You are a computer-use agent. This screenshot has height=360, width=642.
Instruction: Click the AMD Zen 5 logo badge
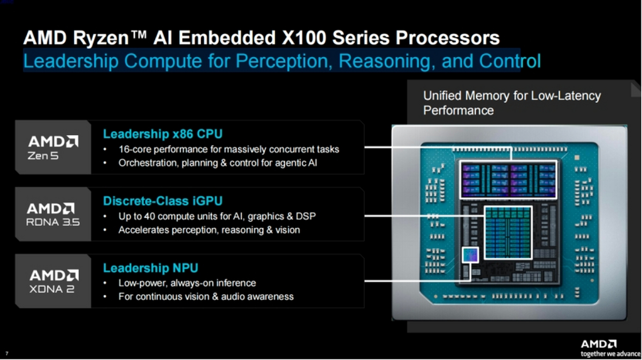[53, 147]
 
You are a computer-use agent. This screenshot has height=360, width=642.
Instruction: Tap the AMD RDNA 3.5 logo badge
[53, 214]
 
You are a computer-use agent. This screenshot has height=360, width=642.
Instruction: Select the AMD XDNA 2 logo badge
[53, 281]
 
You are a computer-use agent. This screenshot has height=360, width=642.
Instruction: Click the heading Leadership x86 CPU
[163, 134]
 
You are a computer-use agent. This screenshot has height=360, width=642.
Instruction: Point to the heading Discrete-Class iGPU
[163, 201]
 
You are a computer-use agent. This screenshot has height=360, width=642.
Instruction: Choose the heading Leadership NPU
[150, 268]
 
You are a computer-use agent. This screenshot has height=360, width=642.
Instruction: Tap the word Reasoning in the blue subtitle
[385, 61]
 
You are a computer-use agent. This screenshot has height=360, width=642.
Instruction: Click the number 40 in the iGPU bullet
[149, 216]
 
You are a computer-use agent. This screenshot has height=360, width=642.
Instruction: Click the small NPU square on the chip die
[470, 255]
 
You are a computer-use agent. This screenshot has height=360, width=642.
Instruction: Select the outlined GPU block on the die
[508, 233]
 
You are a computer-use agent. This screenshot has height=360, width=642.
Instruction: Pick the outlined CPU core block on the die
[508, 179]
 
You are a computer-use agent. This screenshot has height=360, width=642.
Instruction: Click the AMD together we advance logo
[610, 348]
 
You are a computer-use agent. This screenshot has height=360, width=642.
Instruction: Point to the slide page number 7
[6, 354]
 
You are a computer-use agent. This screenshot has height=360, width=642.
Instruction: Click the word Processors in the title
[448, 38]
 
